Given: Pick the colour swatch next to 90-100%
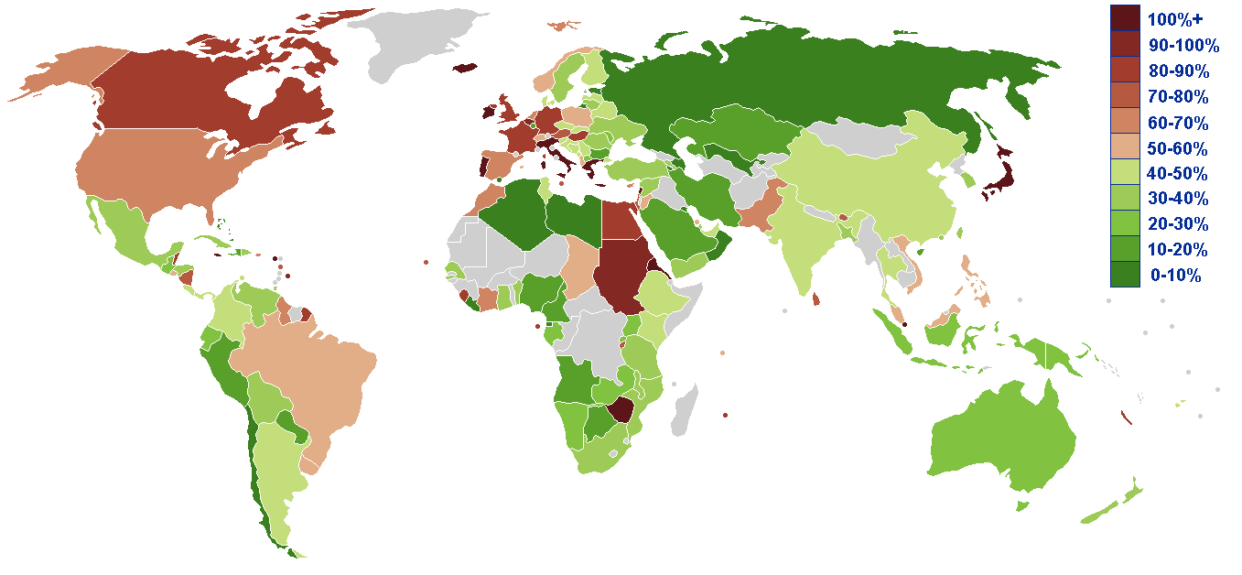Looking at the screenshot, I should coord(1125,45).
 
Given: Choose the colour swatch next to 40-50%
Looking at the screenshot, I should coord(1125,173).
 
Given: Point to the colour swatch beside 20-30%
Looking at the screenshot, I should coord(1125,224).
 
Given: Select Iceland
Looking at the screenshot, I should coord(466,67).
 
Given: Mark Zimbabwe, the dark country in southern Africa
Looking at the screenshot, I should coord(621,409).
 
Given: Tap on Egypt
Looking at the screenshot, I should coord(621,220).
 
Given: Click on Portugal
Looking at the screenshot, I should coord(482,168).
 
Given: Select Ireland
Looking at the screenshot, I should coord(487,114).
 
